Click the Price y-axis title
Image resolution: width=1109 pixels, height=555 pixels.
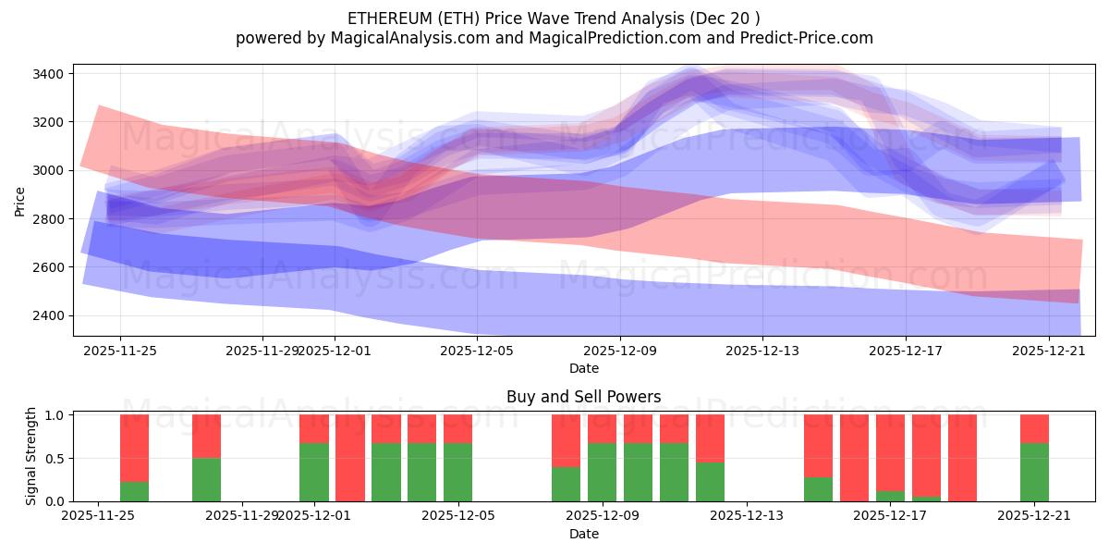[x=20, y=201]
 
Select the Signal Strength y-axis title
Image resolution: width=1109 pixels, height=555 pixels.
[x=31, y=457]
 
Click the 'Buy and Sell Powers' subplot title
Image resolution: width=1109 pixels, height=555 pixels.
[x=583, y=397]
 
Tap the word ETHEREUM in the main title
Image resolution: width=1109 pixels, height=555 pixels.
[x=382, y=18]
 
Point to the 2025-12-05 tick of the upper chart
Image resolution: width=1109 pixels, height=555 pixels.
[x=477, y=351]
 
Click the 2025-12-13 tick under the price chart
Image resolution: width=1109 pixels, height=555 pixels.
[x=762, y=351]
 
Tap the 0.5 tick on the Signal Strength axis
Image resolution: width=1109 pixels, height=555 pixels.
[x=55, y=458]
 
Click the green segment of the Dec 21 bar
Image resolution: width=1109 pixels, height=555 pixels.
[x=1034, y=472]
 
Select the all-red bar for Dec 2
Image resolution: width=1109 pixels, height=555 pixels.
[x=350, y=458]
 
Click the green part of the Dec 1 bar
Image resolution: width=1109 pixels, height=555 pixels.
[x=314, y=472]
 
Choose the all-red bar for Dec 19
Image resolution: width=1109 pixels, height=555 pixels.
[x=962, y=458]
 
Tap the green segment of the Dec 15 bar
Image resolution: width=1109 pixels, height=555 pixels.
[x=818, y=488]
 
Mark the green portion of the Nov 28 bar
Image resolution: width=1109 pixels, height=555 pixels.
[x=206, y=479]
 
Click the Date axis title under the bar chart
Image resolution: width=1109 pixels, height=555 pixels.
[x=583, y=534]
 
